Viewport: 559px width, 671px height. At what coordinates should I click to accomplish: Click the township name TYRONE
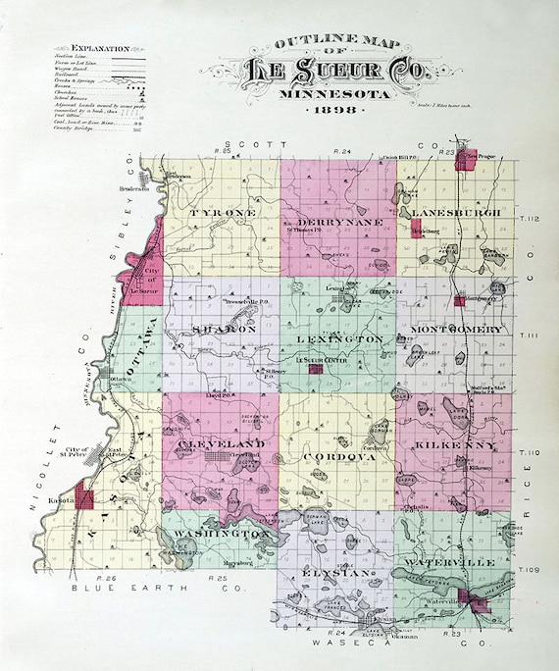[223, 213]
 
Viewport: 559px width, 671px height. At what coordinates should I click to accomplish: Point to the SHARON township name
[225, 330]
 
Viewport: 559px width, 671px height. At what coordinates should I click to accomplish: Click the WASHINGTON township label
[223, 534]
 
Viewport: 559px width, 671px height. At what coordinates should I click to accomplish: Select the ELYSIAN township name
[336, 571]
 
